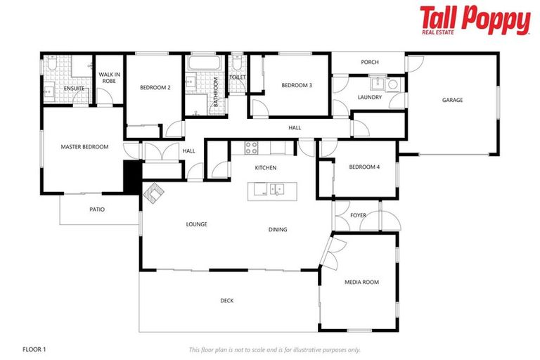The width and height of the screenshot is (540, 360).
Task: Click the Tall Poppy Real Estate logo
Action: pos(475,20)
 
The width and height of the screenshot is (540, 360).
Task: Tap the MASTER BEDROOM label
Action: pos(84,147)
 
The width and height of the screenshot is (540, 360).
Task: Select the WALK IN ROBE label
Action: pos(108,77)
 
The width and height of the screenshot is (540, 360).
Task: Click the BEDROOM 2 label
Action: pos(155,88)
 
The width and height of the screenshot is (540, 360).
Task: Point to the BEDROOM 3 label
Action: pos(297,85)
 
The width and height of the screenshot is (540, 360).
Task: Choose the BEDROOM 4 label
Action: pos(364,167)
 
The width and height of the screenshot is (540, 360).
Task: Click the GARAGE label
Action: pos(452,100)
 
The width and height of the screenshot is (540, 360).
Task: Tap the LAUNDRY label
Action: pos(369,97)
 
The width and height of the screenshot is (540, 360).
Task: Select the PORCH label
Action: pos(370,62)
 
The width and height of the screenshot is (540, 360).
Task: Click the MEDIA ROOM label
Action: pos(361,282)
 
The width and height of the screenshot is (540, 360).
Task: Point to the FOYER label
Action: pos(359,215)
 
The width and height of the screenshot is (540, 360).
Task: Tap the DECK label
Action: pos(226,300)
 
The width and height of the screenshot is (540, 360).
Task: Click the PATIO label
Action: pos(97,209)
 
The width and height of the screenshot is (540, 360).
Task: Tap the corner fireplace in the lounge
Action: pos(153,192)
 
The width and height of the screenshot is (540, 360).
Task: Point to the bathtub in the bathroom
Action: pos(204,64)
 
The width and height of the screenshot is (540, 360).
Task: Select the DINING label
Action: pos(277,229)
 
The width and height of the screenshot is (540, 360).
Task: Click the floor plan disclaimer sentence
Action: pos(274,349)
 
